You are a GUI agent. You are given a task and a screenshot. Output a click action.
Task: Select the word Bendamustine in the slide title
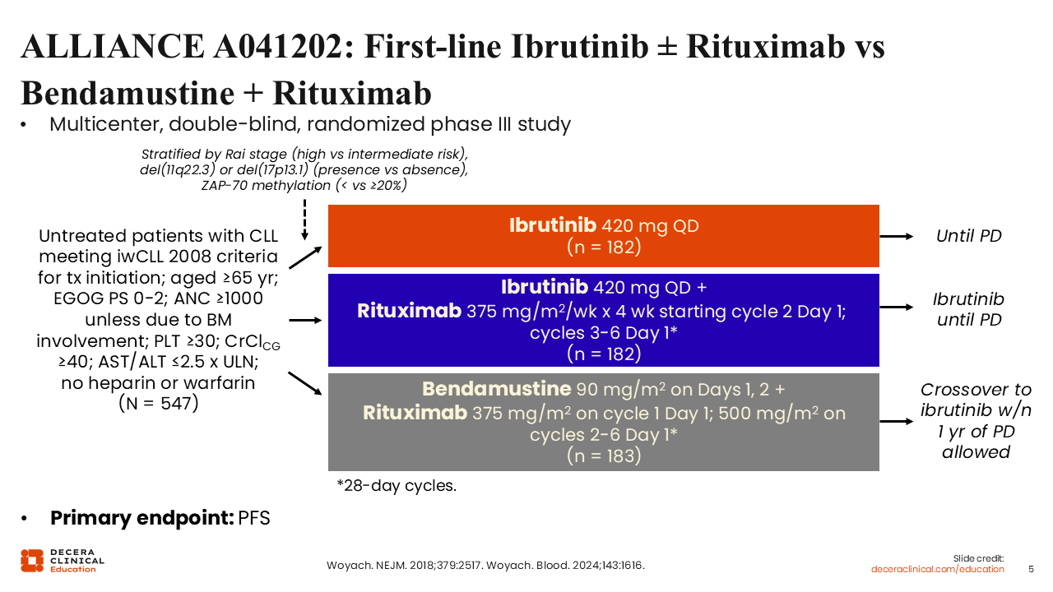pos(128,93)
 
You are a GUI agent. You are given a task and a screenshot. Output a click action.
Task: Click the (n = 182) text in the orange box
pos(604,247)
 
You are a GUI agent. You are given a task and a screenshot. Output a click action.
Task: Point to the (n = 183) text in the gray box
pos(604,456)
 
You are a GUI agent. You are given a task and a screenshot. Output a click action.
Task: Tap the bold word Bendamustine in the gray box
pos(496,389)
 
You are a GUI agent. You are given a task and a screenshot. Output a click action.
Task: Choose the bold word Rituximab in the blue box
pos(409,311)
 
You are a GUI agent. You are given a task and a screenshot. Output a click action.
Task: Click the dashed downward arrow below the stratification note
pos(304,220)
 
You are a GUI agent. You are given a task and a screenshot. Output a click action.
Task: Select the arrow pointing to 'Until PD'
pos(896,236)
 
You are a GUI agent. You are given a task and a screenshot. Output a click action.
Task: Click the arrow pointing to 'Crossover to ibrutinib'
pos(896,422)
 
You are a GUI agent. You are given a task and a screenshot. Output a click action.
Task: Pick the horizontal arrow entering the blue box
pos(305,321)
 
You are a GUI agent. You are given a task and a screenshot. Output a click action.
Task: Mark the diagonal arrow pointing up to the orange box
pos(305,257)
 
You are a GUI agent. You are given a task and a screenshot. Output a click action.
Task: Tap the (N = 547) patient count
pos(159,404)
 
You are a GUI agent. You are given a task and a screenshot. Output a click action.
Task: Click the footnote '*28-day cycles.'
pos(397,485)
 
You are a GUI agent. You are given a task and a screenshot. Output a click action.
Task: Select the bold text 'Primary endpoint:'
pos(142,518)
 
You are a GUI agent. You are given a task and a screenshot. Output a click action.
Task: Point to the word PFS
pos(254,518)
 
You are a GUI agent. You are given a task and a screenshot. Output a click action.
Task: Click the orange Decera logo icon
pos(32,561)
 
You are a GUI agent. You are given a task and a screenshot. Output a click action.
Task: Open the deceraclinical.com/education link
pos(937,570)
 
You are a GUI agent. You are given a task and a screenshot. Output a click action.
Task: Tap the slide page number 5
pos(1031,570)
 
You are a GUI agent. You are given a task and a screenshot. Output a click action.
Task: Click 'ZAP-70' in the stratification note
pos(225,186)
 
